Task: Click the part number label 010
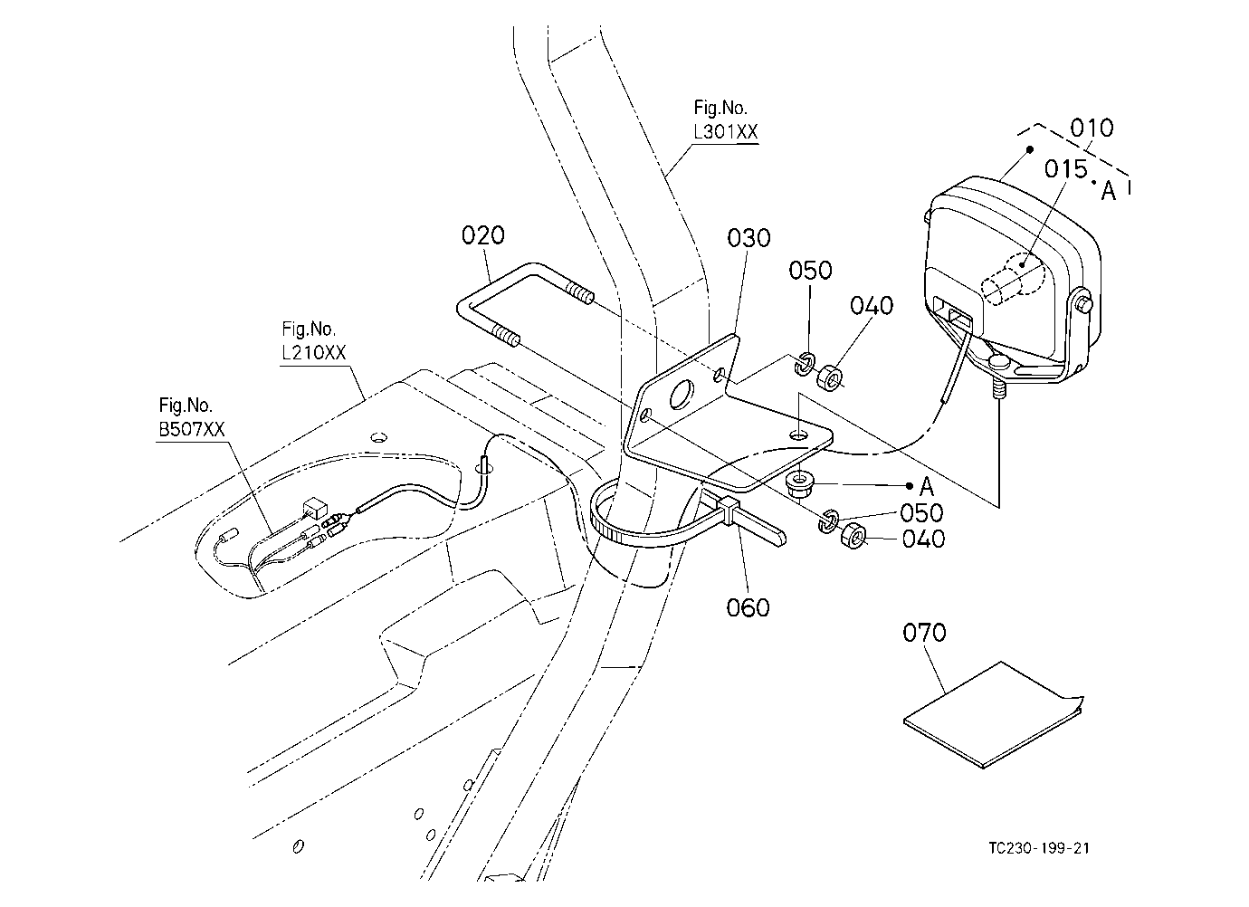(x=1092, y=129)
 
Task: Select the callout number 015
(x=1065, y=168)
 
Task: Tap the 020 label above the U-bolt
(x=483, y=235)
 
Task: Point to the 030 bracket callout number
(x=748, y=238)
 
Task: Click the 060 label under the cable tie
(x=748, y=607)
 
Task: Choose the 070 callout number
(x=924, y=633)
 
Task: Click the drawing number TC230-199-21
(x=1039, y=848)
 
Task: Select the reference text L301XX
(x=726, y=132)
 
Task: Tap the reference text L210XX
(x=314, y=352)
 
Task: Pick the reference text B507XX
(x=191, y=430)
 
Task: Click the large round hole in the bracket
(x=682, y=395)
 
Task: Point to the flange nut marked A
(x=801, y=485)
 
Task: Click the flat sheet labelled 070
(x=993, y=716)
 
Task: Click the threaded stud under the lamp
(x=997, y=386)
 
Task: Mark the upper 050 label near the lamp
(x=810, y=271)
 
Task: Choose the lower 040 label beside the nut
(x=923, y=539)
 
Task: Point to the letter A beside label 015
(x=1108, y=191)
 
